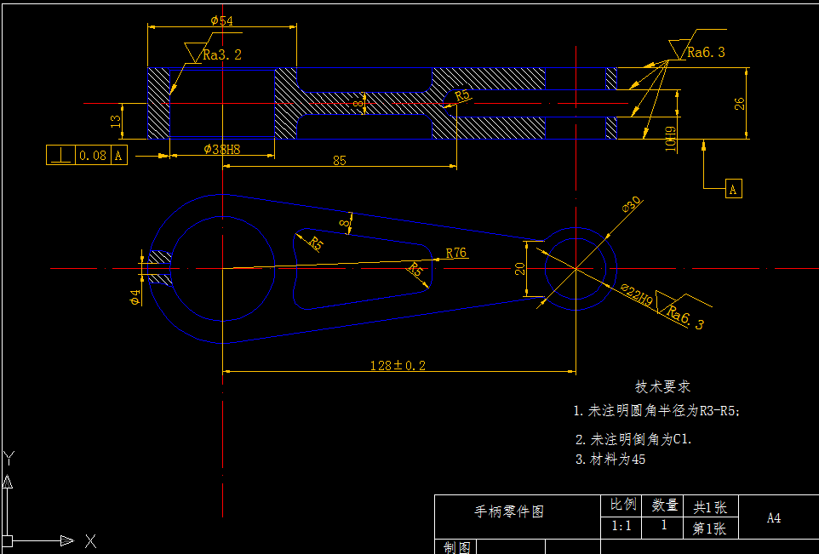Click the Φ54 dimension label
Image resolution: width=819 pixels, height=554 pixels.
[221, 20]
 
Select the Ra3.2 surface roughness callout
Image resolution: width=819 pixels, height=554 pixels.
[222, 55]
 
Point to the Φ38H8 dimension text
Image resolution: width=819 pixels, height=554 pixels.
[222, 149]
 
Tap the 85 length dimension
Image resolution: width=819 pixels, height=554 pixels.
[339, 160]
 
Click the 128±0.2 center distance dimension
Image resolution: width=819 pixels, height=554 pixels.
[398, 365]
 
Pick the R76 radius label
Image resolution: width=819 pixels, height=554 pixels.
[456, 253]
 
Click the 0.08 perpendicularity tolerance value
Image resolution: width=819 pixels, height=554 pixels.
[93, 156]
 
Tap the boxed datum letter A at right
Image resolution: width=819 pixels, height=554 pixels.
[734, 189]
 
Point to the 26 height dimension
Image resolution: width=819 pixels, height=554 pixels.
[740, 103]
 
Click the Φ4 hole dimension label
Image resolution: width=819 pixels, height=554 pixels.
[135, 297]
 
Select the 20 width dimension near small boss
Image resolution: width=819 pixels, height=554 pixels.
[520, 269]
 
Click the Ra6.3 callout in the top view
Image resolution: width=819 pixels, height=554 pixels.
[706, 53]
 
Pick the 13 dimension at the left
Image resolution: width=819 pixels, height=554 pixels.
[116, 122]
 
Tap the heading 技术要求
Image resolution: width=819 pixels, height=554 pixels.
[662, 387]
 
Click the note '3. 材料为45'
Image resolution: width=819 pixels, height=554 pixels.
[610, 460]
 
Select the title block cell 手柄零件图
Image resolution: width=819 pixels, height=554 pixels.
[508, 511]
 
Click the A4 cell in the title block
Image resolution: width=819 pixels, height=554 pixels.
[773, 517]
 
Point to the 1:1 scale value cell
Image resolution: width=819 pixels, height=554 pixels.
[621, 526]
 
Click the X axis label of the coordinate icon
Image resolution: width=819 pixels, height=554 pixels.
[90, 540]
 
